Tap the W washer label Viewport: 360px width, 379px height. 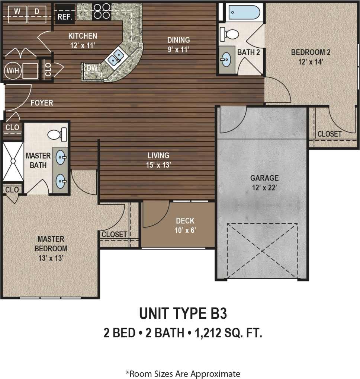[x=17, y=11]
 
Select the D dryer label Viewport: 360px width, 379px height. [x=37, y=11]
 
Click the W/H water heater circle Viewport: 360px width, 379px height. [x=11, y=70]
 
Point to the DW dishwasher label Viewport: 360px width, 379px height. [x=91, y=68]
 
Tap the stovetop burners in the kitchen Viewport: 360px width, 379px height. [x=102, y=11]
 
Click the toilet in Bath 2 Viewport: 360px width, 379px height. [x=230, y=35]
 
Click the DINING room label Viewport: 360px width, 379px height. [x=179, y=40]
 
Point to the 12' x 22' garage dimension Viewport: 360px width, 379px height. [x=264, y=188]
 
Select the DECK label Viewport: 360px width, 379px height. [x=185, y=221]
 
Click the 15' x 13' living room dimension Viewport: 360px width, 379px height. [x=158, y=165]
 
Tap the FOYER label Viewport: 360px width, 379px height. [x=42, y=103]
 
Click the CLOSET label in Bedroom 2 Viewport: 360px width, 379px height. [x=329, y=134]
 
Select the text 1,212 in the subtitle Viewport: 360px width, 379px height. [x=206, y=332]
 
